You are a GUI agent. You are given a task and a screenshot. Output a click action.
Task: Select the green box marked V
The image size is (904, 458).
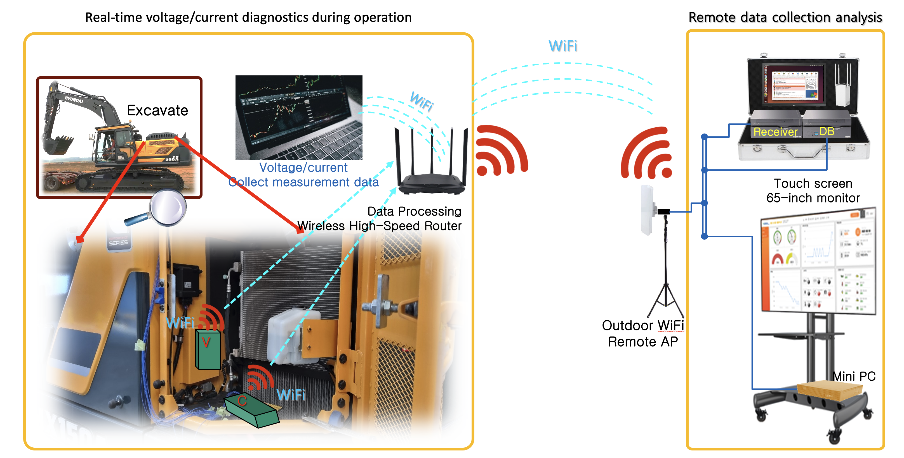208,349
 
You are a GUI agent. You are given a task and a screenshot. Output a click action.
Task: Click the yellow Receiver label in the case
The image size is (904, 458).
776,132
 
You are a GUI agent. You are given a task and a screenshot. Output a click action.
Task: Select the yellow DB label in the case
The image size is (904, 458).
827,132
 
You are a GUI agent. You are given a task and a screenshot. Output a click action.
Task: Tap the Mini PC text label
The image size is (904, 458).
854,376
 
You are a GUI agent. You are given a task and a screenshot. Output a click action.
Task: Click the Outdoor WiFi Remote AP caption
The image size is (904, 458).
643,333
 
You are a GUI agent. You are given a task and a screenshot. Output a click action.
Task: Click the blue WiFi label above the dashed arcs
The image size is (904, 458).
563,46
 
